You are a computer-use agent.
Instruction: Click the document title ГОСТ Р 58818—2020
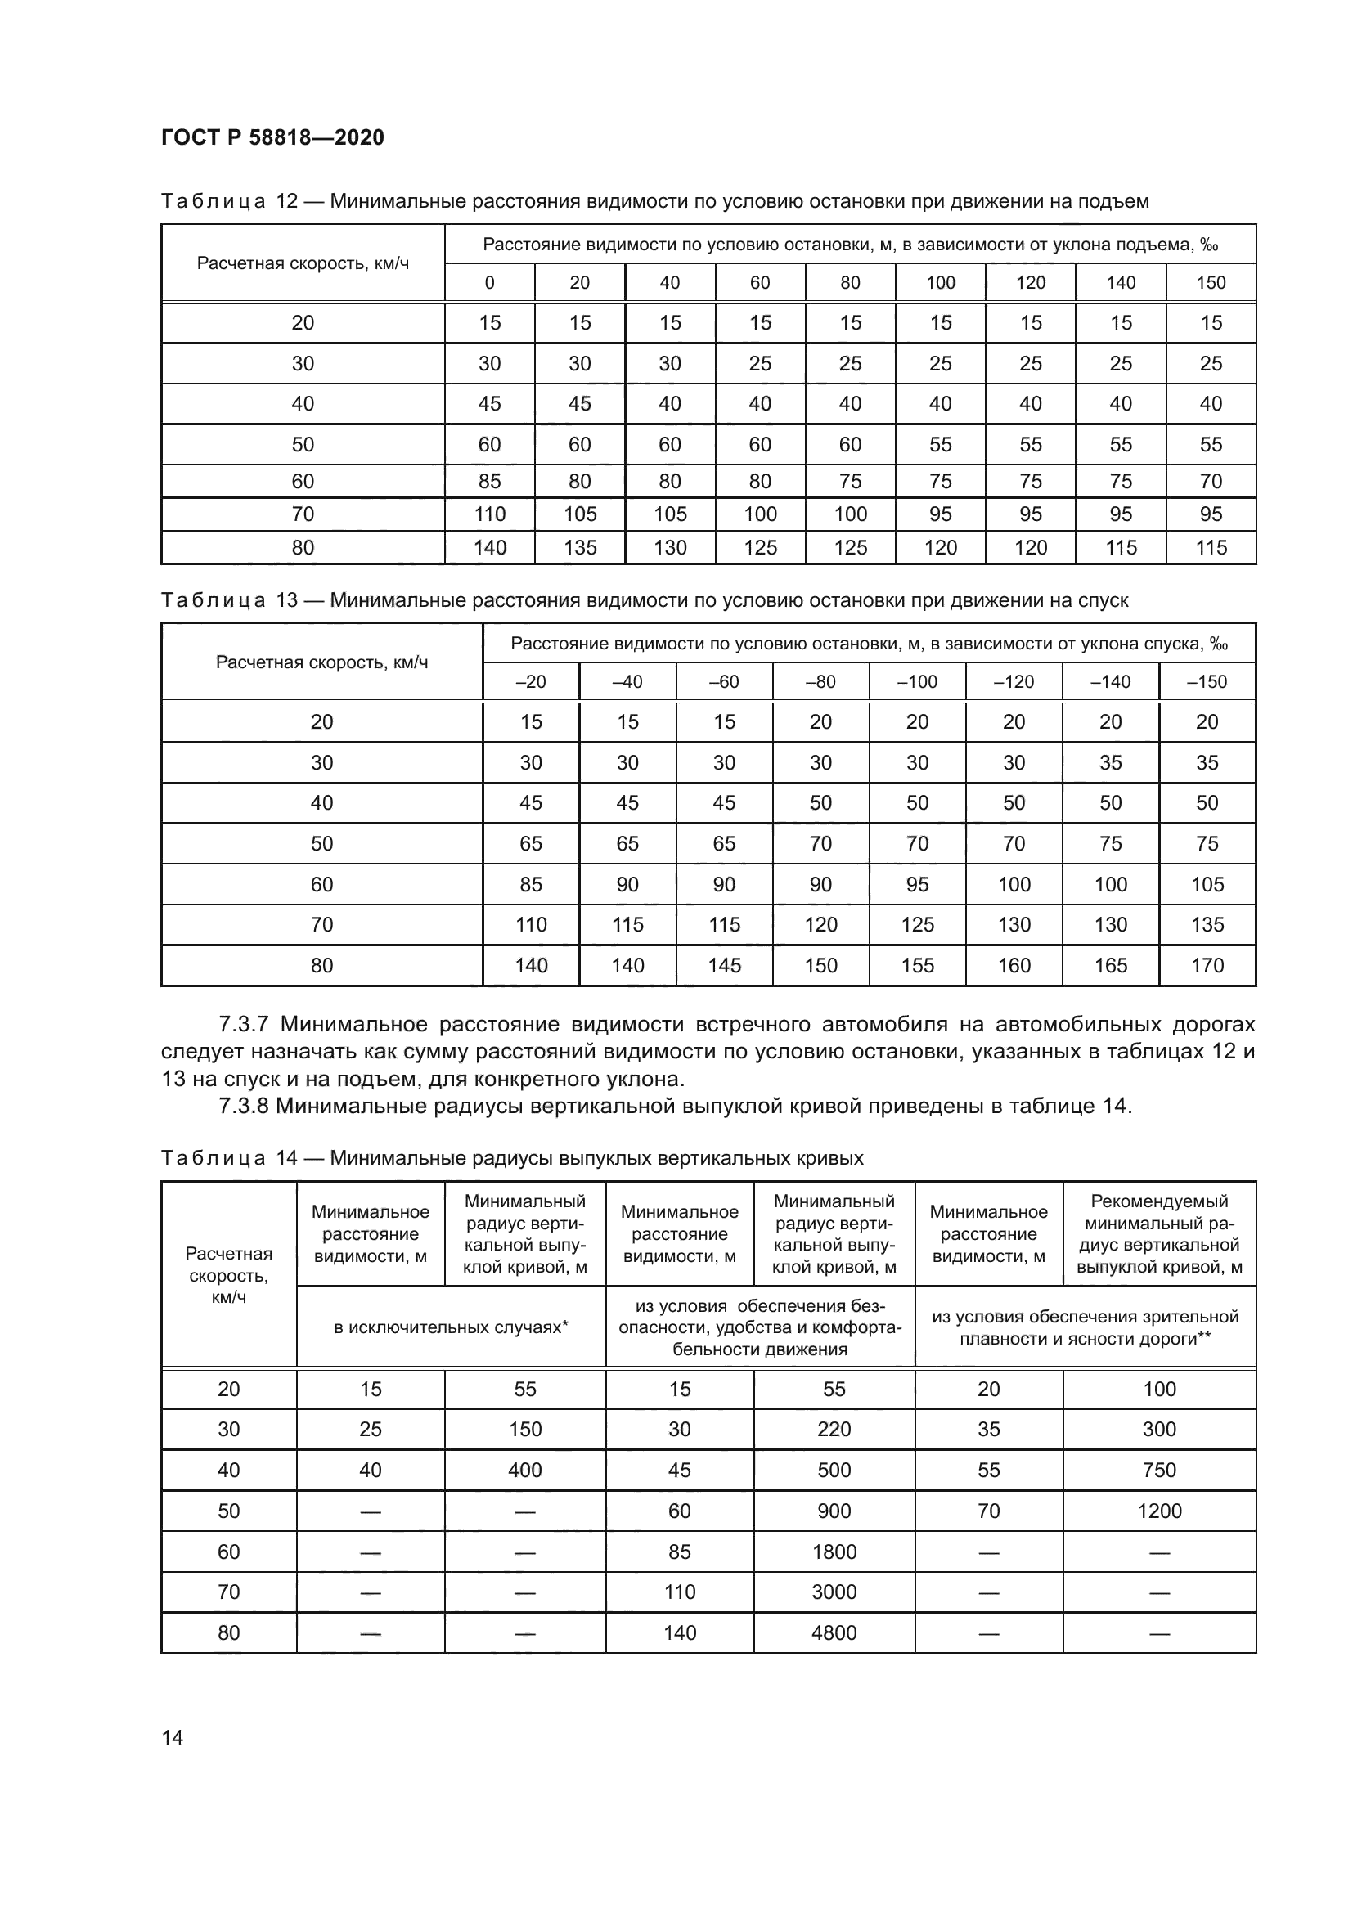pyautogui.click(x=272, y=137)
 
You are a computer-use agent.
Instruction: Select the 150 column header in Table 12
pyautogui.click(x=1211, y=282)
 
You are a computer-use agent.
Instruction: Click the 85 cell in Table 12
pyautogui.click(x=489, y=481)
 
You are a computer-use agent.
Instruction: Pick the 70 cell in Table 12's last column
pyautogui.click(x=1211, y=481)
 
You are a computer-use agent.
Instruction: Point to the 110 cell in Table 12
pyautogui.click(x=489, y=514)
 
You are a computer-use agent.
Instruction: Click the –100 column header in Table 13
pyautogui.click(x=916, y=681)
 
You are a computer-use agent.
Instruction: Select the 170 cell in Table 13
pyautogui.click(x=1207, y=965)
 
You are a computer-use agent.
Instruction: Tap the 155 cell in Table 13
pyautogui.click(x=916, y=965)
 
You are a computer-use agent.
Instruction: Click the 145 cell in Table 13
pyautogui.click(x=724, y=965)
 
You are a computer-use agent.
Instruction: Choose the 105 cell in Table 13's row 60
pyautogui.click(x=1207, y=884)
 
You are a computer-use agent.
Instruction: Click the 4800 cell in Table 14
pyautogui.click(x=834, y=1632)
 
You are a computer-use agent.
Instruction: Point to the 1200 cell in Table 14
pyautogui.click(x=1159, y=1511)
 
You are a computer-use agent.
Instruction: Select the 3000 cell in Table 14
pyautogui.click(x=834, y=1592)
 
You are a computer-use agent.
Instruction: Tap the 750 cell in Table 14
pyautogui.click(x=1159, y=1470)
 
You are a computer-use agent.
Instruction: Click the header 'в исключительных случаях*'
pyautogui.click(x=451, y=1327)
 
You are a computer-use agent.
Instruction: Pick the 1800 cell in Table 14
pyautogui.click(x=834, y=1552)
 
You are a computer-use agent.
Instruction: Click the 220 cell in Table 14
pyautogui.click(x=834, y=1429)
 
